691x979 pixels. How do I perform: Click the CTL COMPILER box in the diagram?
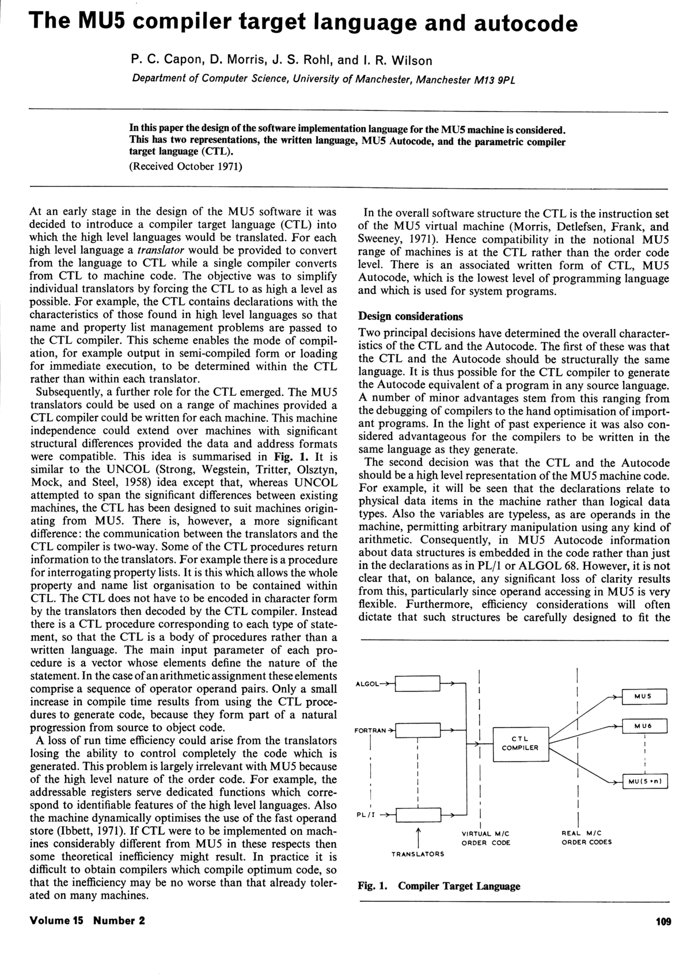[520, 743]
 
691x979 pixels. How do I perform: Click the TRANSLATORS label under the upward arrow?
[418, 854]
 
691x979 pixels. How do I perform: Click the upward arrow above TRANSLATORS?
[419, 835]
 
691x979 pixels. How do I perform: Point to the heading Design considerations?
[411, 316]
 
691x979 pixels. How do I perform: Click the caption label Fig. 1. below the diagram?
[372, 886]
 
